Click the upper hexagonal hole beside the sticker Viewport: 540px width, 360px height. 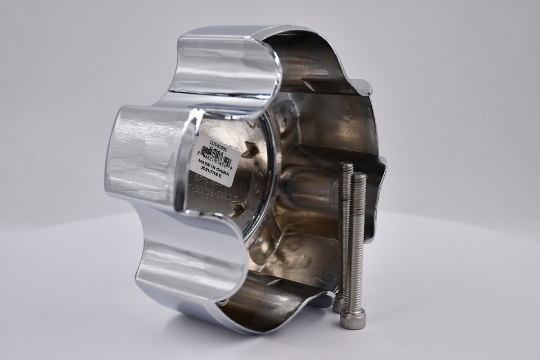[250, 150]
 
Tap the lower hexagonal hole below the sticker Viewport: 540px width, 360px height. [238, 209]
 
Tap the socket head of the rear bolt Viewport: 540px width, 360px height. [339, 305]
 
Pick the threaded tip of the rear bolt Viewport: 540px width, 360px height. [346, 167]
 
